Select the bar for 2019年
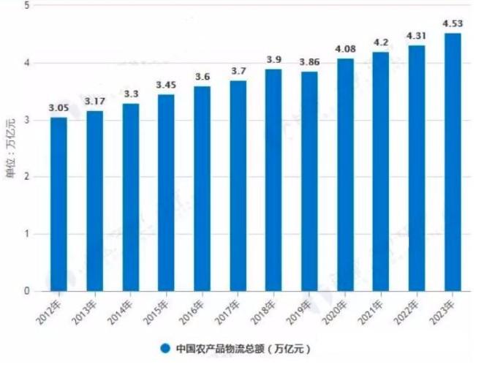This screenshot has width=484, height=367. pyautogui.click(x=309, y=181)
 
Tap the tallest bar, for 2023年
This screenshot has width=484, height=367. pyautogui.click(x=453, y=162)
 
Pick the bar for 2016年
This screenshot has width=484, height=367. pyautogui.click(x=202, y=189)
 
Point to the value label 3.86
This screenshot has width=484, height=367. pyautogui.click(x=309, y=62)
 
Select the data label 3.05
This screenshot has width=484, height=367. pyautogui.click(x=58, y=108)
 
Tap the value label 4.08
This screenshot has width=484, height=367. pyautogui.click(x=345, y=50)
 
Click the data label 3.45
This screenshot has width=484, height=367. pyautogui.click(x=166, y=86)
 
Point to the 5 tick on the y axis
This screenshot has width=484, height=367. pyautogui.click(x=27, y=6)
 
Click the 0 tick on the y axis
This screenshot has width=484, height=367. pyautogui.click(x=27, y=291)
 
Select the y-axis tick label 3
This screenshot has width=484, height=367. pyautogui.click(x=27, y=120)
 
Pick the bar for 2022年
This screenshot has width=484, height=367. pyautogui.click(x=417, y=168)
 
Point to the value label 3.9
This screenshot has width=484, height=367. pyautogui.click(x=273, y=60)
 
